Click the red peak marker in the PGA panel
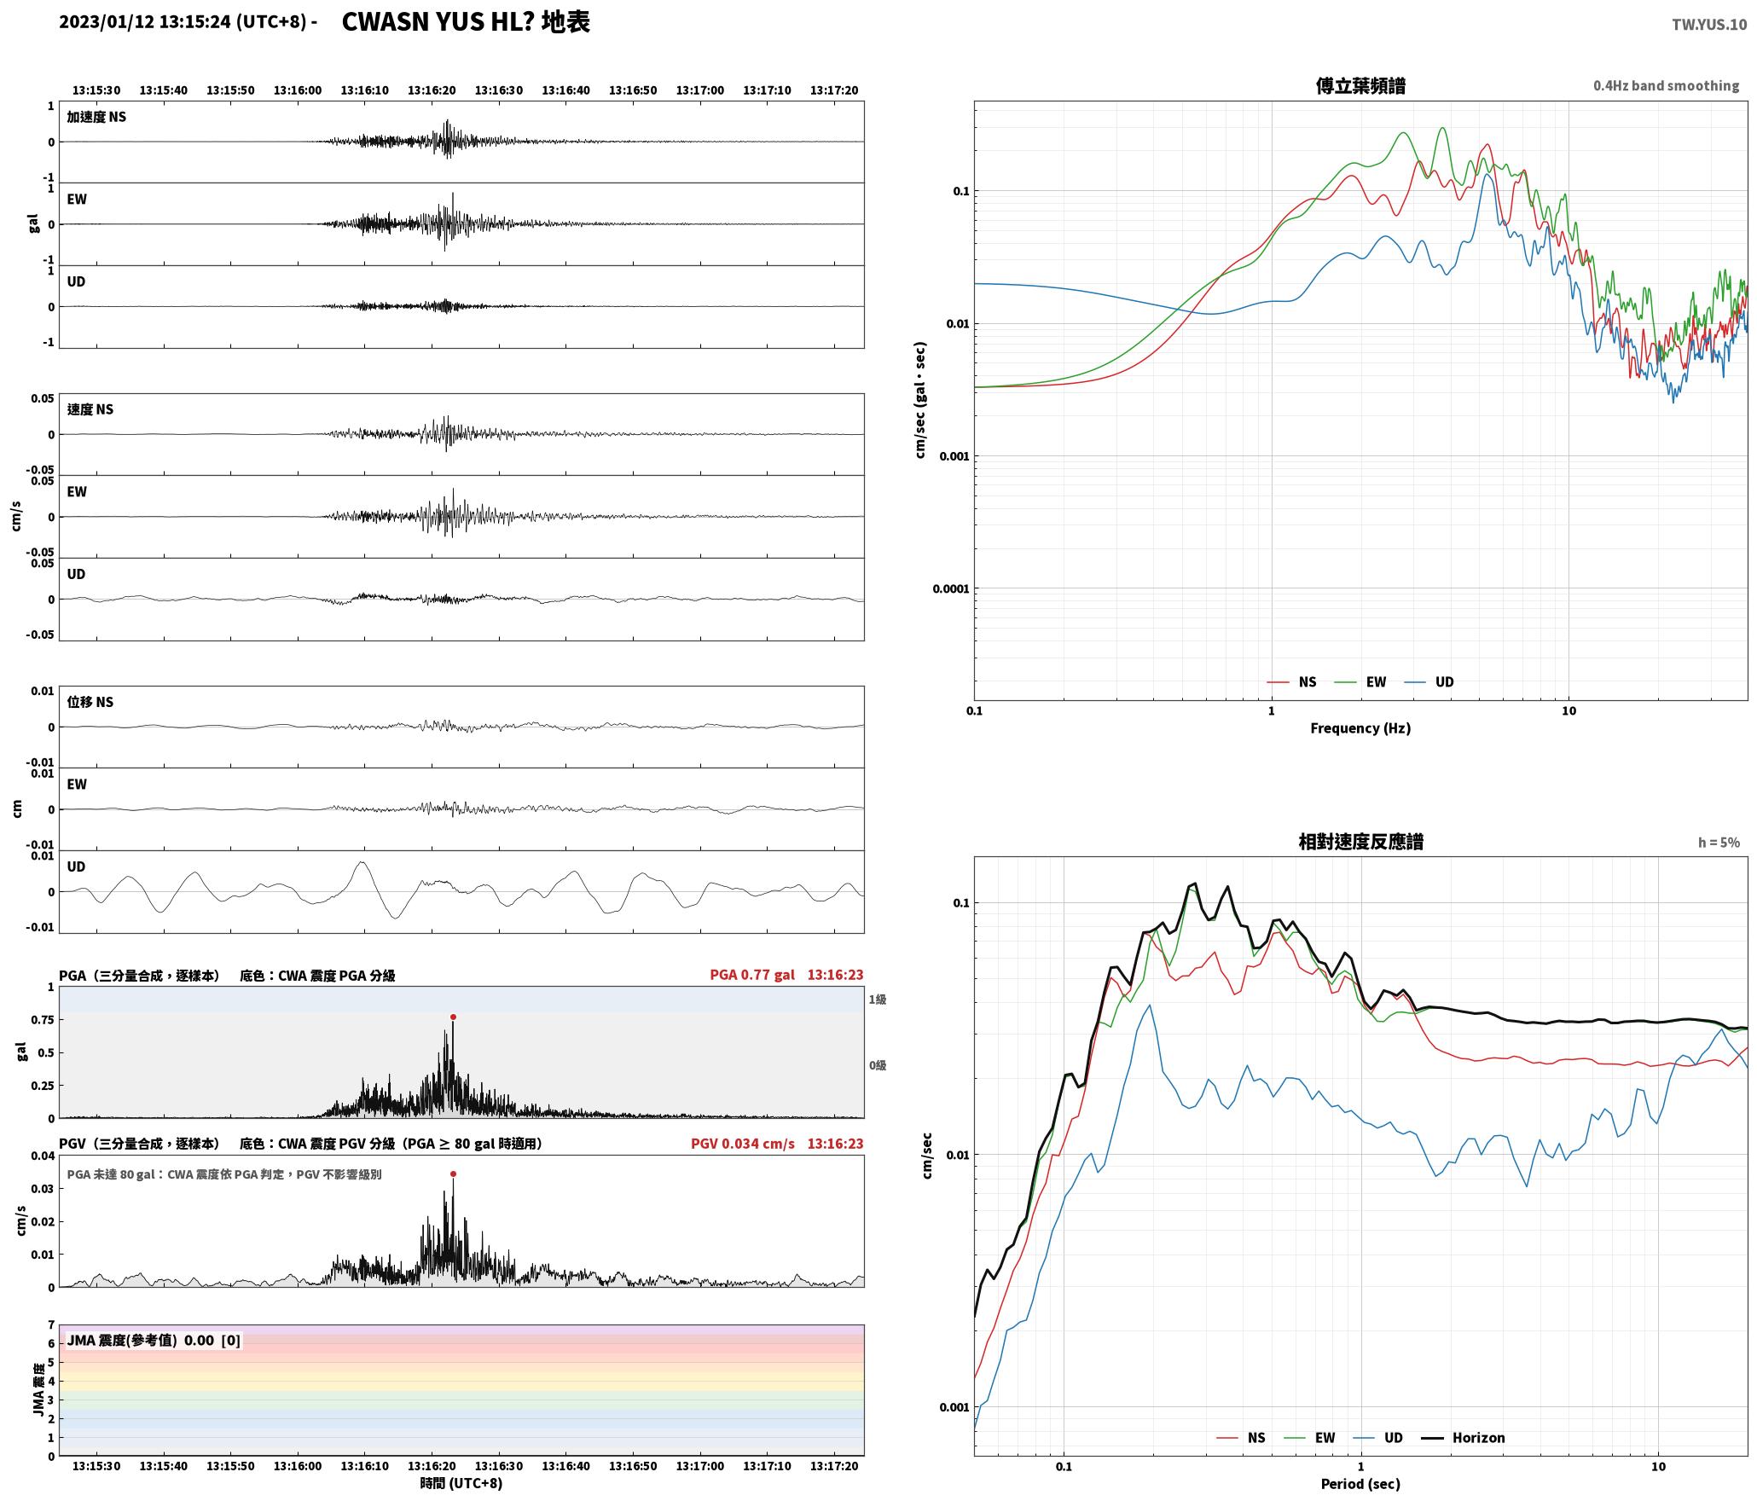coord(453,1017)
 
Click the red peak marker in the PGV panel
coord(453,1174)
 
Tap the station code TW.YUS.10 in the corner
coord(1708,25)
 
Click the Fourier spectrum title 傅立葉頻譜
coord(1360,85)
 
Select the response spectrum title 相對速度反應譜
coord(1360,841)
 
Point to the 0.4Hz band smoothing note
coord(1666,85)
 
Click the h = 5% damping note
coord(1719,842)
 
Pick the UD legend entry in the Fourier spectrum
coord(1429,681)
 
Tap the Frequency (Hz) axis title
coord(1360,727)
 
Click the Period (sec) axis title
coord(1360,1483)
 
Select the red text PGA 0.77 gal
coord(752,974)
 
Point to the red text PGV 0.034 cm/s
coord(742,1143)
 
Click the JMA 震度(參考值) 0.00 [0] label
coord(154,1340)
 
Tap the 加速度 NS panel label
coord(96,117)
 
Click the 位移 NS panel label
coord(90,702)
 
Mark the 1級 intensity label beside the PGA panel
coord(878,999)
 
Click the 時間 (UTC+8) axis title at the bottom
coord(461,1483)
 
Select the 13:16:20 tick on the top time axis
coord(432,90)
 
